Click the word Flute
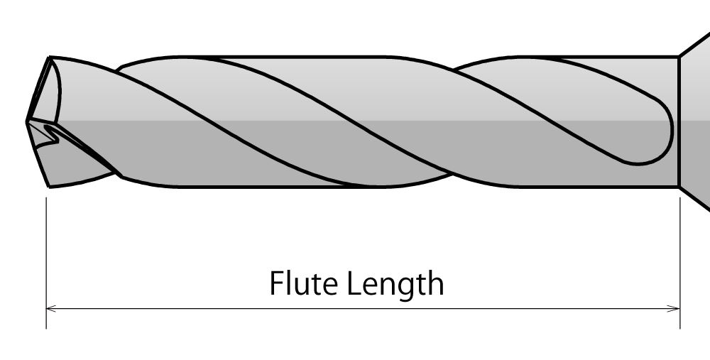pos(302,284)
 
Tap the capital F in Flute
pos(276,284)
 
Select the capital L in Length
pos(353,284)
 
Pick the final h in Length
pos(435,284)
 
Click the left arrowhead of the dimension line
pos(50,308)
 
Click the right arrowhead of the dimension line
pos(675,308)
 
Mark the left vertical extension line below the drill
pos(46,263)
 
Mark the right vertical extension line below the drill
pos(680,263)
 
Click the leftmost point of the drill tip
pos(27,122)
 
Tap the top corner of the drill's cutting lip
pos(50,57)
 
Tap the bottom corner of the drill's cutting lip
pos(48,187)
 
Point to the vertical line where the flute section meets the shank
pos(679,121)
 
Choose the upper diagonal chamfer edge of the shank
pos(695,43)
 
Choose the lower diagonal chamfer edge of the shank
pos(695,200)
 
